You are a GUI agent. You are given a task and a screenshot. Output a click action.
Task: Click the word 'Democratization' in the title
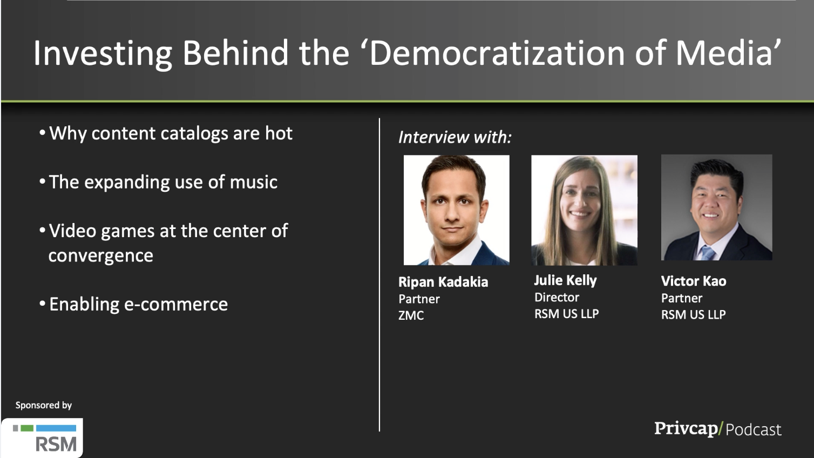coord(497,53)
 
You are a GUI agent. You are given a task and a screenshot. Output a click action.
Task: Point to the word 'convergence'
coord(100,256)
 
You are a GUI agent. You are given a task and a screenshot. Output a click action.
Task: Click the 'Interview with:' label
coord(455,137)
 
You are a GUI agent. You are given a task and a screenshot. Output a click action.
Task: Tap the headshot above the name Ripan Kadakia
coord(457,210)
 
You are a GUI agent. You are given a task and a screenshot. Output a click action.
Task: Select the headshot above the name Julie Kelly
coord(585,210)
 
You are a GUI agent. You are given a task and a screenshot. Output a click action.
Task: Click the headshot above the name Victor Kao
coord(717,207)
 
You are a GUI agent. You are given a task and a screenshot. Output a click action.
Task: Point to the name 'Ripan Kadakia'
coord(443,282)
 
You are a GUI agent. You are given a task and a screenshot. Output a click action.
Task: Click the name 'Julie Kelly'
coord(566,280)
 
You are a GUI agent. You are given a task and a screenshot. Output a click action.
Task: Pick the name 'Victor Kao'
coord(694,281)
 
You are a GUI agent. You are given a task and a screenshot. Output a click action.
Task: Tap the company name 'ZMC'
coord(411,315)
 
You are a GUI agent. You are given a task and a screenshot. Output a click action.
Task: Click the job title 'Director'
coord(557,298)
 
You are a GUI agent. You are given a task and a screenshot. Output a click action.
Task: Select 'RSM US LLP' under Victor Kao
coord(693,314)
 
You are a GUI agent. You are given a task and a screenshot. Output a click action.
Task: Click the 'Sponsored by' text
coord(44,405)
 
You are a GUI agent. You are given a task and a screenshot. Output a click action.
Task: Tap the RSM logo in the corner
coord(43,437)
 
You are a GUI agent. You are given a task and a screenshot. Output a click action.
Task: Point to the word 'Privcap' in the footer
coord(686,429)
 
